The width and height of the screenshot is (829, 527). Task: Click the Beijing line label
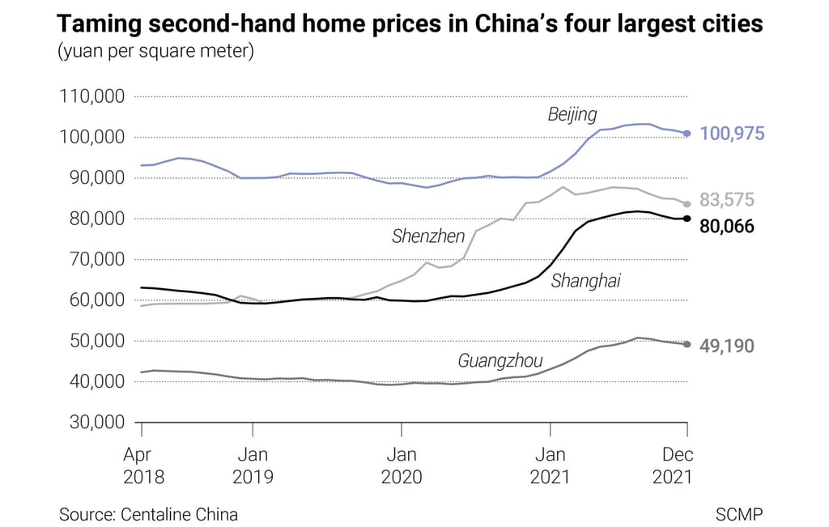pos(572,114)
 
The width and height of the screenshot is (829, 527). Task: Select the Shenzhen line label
pos(428,236)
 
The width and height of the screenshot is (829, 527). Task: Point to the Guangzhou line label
pos(500,360)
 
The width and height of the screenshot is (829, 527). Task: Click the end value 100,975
pos(731,134)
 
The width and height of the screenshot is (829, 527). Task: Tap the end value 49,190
pos(726,346)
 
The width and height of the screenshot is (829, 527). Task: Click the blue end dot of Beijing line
pos(687,134)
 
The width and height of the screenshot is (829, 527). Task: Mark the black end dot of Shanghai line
pos(687,219)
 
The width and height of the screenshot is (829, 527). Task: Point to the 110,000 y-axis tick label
pos(91,97)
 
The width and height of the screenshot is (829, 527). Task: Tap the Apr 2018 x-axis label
pos(143,465)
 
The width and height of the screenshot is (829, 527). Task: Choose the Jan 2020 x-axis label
pos(402,465)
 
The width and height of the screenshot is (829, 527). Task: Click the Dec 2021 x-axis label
pos(672,465)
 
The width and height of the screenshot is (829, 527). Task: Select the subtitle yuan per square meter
pos(156,53)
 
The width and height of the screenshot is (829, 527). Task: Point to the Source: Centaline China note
pos(148,514)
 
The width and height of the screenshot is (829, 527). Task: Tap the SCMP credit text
pos(738,514)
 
